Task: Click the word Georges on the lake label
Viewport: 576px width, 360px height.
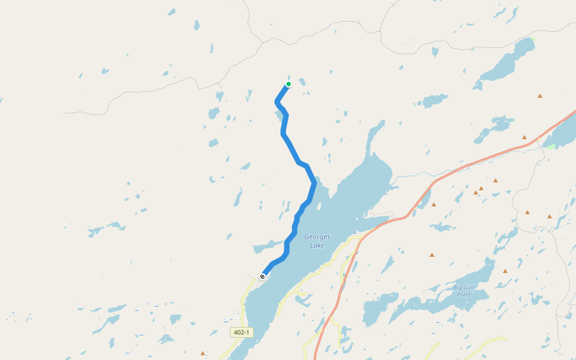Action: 317,236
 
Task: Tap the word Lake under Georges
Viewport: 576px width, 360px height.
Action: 317,245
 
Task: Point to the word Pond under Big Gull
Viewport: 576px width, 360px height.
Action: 463,295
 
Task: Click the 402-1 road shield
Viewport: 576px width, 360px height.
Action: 241,332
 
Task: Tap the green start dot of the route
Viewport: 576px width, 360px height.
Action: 289,84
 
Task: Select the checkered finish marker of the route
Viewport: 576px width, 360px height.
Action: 262,277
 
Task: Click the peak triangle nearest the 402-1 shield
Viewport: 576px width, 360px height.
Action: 203,353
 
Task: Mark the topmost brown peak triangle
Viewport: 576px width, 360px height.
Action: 540,96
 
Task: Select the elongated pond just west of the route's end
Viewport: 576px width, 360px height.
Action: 267,246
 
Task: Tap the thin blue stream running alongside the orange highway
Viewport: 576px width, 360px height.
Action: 414,175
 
